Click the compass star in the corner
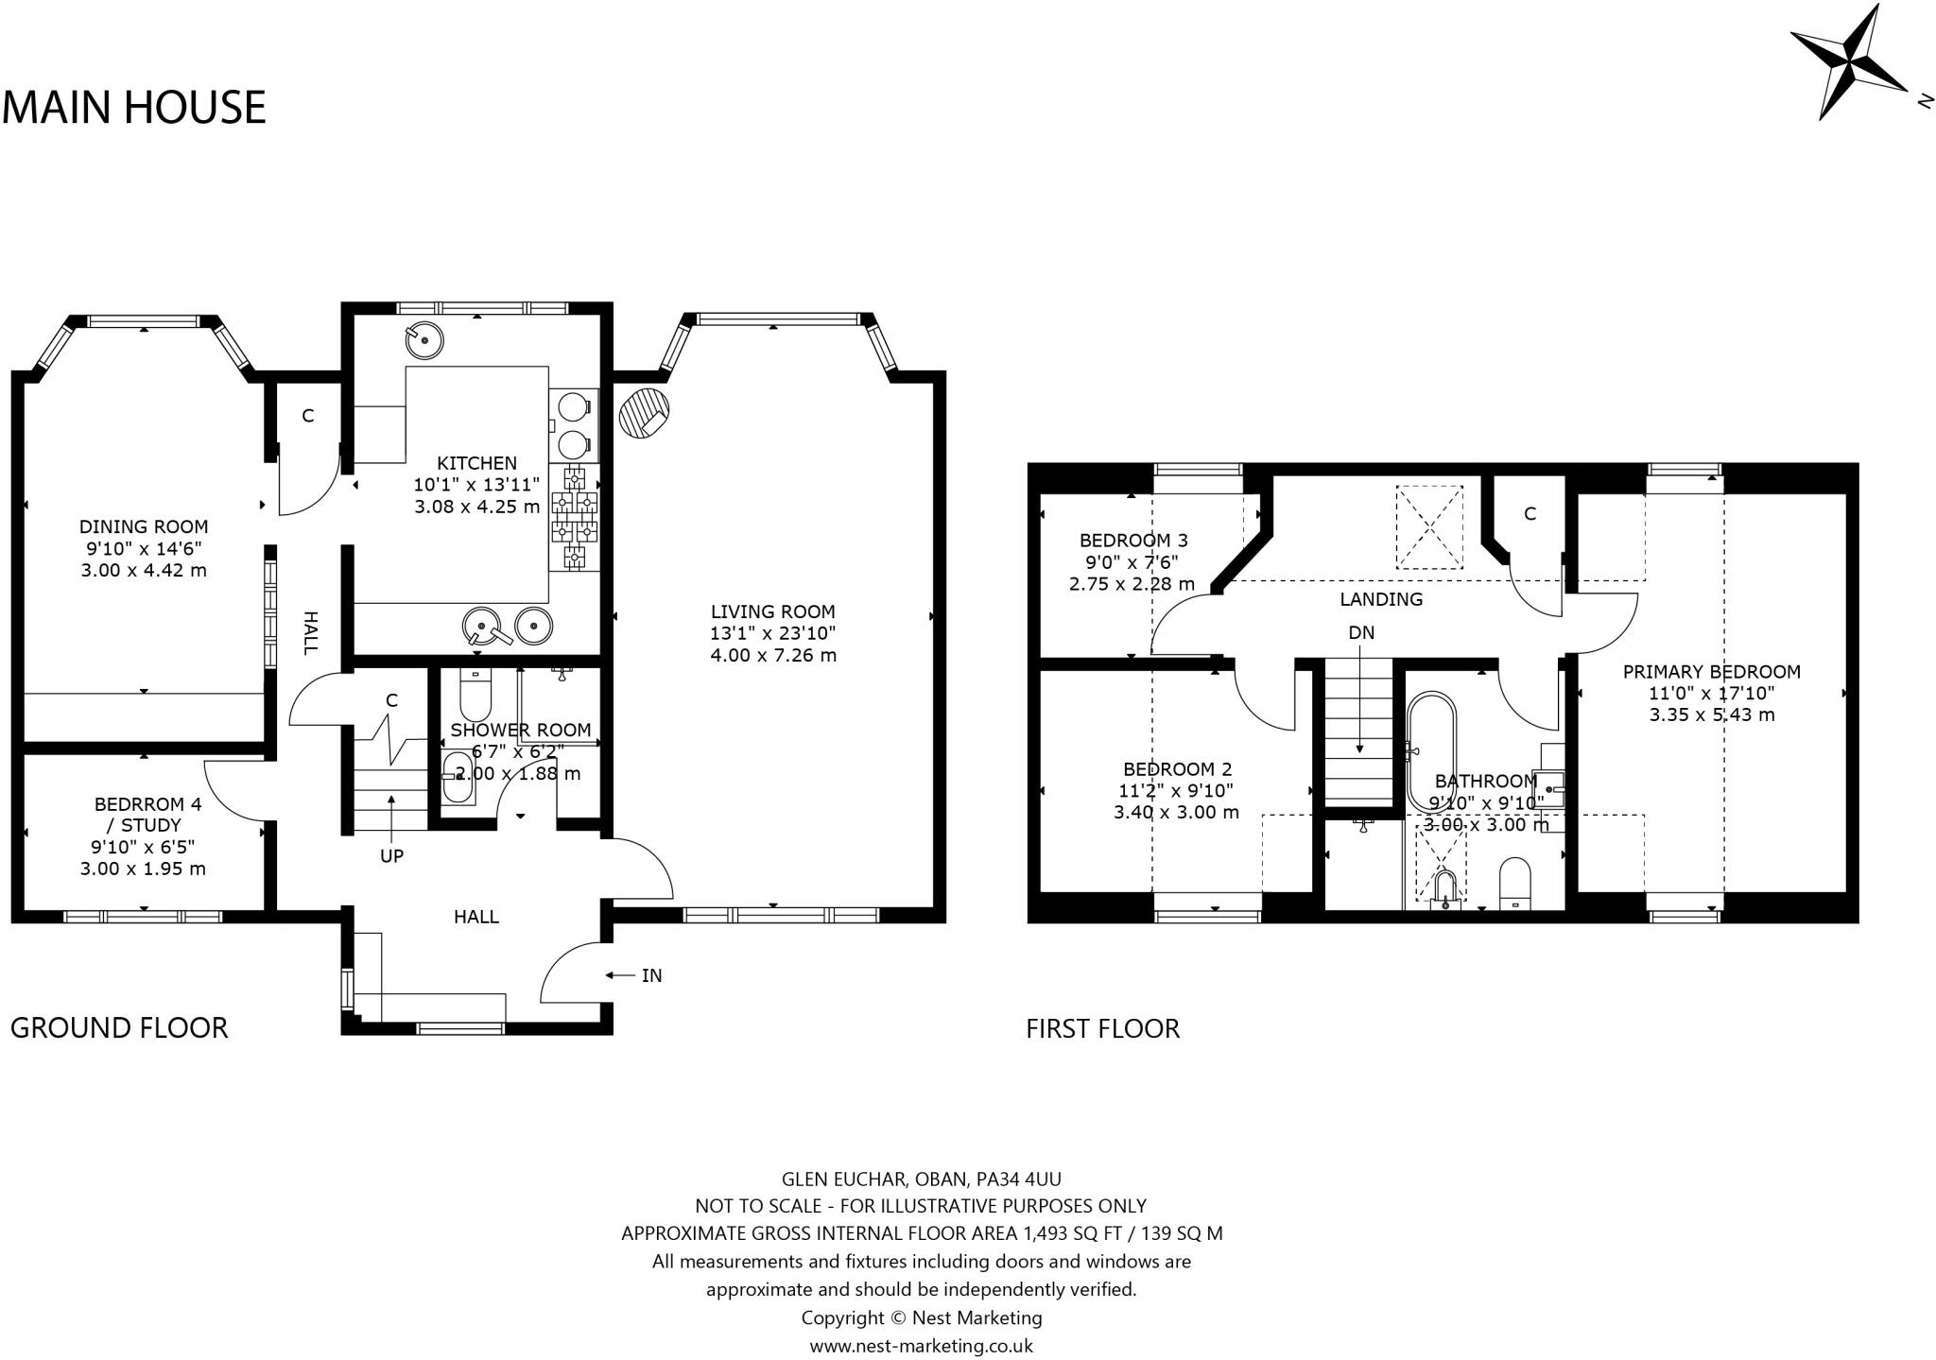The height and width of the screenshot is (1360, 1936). [x=1848, y=76]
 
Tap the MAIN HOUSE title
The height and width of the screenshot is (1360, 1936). [x=134, y=108]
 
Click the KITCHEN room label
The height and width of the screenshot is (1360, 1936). [x=476, y=463]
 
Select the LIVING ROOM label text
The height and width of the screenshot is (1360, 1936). [x=772, y=611]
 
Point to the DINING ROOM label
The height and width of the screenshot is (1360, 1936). [x=143, y=526]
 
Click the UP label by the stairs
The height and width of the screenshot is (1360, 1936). [x=391, y=856]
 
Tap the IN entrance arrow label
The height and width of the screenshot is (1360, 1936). [x=650, y=975]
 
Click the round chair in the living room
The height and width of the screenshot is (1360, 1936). [x=644, y=413]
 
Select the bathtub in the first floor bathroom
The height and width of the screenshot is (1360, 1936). [x=1431, y=751]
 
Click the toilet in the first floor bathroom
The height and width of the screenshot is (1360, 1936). [x=1514, y=881]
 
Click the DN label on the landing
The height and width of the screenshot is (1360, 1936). [x=1361, y=633]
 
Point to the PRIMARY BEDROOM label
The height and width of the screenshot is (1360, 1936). [x=1711, y=672]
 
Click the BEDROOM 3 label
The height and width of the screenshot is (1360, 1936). [x=1132, y=541]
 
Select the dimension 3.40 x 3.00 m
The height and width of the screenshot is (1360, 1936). [x=1177, y=812]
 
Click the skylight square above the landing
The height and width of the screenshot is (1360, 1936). [x=1429, y=527]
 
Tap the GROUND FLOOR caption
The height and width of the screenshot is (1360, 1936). [x=119, y=1028]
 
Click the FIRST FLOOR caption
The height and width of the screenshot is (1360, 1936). [x=1102, y=1028]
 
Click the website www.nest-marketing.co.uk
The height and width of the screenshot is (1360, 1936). [x=921, y=1346]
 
